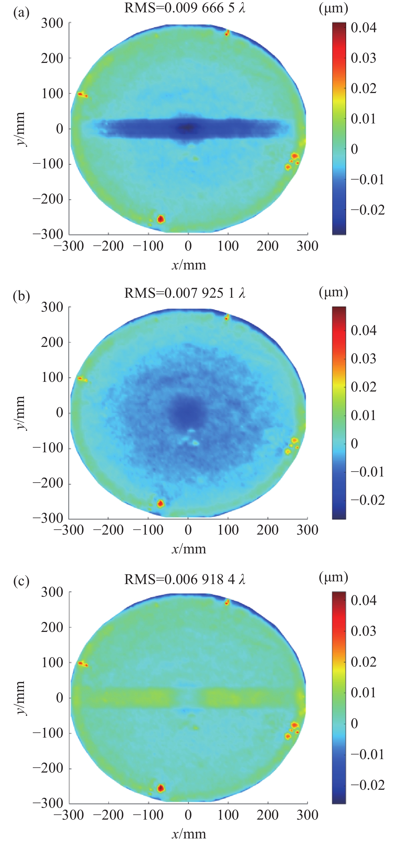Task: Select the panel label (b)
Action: [21, 296]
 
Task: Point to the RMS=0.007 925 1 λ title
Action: [185, 293]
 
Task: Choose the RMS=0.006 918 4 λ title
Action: [185, 579]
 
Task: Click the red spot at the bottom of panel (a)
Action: [161, 219]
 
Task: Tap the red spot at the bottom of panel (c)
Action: [161, 788]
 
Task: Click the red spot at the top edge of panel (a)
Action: [227, 33]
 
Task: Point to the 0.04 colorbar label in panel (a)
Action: [363, 27]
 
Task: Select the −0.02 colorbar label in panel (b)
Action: [367, 500]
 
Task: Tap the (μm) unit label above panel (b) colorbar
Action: [333, 292]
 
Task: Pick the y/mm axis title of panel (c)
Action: [20, 698]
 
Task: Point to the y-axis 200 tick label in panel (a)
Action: [52, 58]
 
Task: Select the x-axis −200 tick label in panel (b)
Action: [108, 530]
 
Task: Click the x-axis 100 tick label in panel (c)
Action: [228, 814]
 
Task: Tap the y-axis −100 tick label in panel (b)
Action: [48, 448]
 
